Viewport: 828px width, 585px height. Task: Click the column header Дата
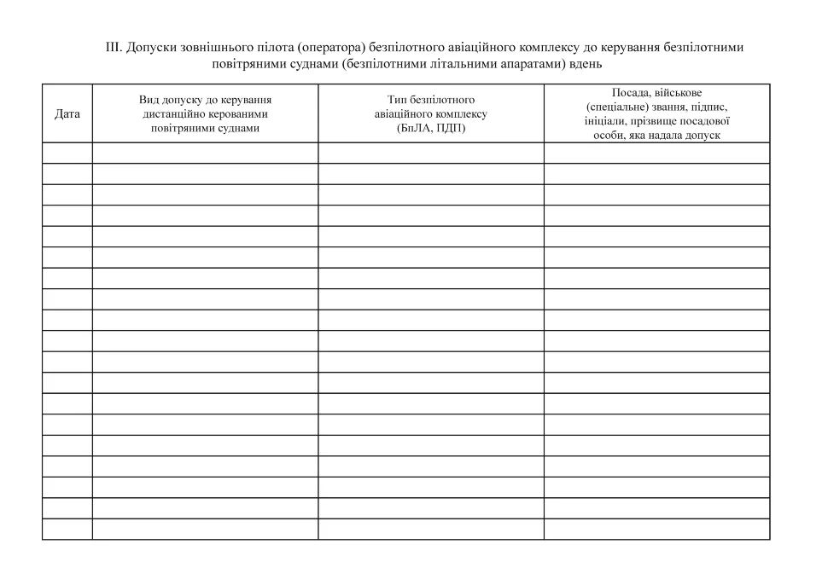(x=67, y=113)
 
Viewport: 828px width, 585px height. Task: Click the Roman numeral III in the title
(x=114, y=48)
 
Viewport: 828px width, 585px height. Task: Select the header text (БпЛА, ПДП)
(x=431, y=128)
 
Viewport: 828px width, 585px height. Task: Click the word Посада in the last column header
(x=631, y=92)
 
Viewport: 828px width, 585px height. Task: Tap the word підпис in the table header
(x=708, y=107)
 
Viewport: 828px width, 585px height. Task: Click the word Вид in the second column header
(x=149, y=100)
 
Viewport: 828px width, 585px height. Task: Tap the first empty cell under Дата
(x=67, y=153)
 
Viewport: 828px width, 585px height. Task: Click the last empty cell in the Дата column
(x=67, y=530)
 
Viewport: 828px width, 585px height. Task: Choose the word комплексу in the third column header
(x=462, y=113)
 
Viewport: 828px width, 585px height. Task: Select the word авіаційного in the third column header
(x=404, y=113)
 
